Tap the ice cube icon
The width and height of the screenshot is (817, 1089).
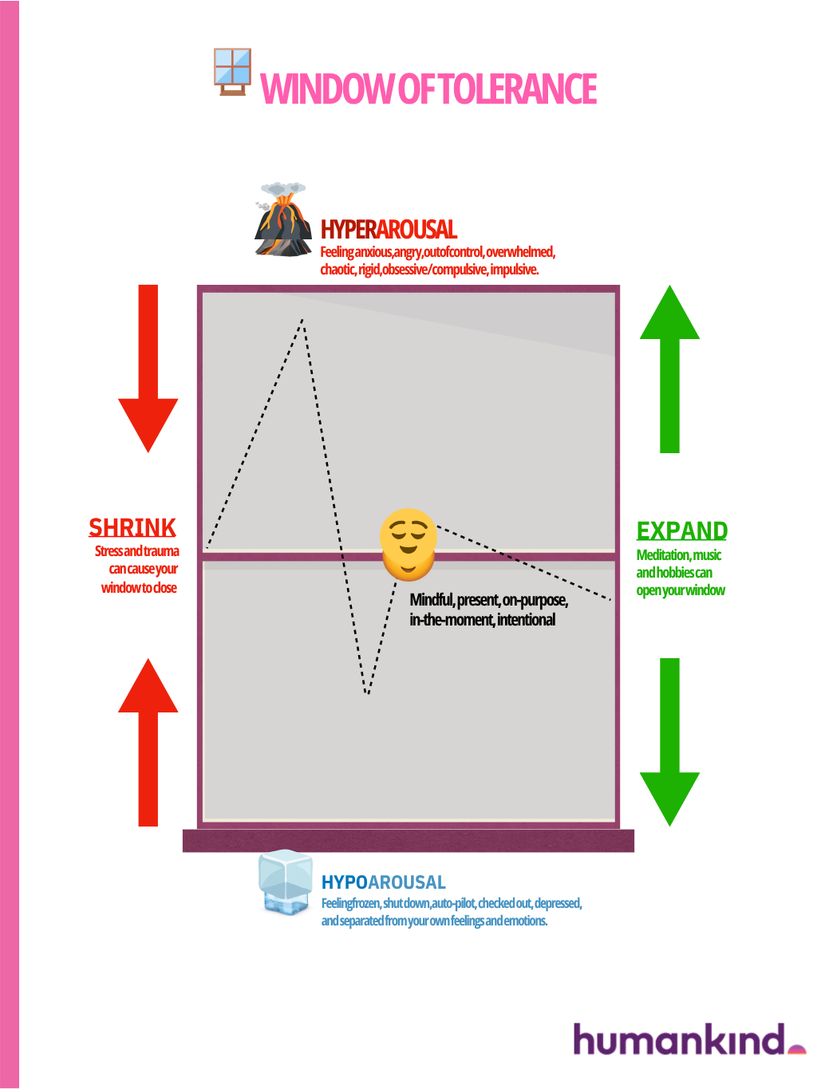[285, 882]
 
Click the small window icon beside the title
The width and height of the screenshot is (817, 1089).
[233, 71]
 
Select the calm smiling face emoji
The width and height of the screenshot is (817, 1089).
[408, 544]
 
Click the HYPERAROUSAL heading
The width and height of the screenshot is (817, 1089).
[389, 230]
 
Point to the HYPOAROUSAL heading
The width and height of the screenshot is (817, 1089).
[383, 882]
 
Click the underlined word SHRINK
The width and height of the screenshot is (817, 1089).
[132, 528]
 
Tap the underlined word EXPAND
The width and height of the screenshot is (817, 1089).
[681, 531]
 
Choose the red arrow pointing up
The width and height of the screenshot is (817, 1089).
[148, 742]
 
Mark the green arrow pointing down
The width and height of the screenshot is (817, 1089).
[669, 742]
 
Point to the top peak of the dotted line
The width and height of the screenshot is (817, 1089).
[302, 320]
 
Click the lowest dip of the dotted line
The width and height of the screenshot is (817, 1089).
[367, 692]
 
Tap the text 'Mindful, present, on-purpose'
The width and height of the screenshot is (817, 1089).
[488, 600]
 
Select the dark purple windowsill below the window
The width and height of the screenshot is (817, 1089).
[408, 841]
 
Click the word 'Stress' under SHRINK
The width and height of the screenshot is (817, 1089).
[109, 551]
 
